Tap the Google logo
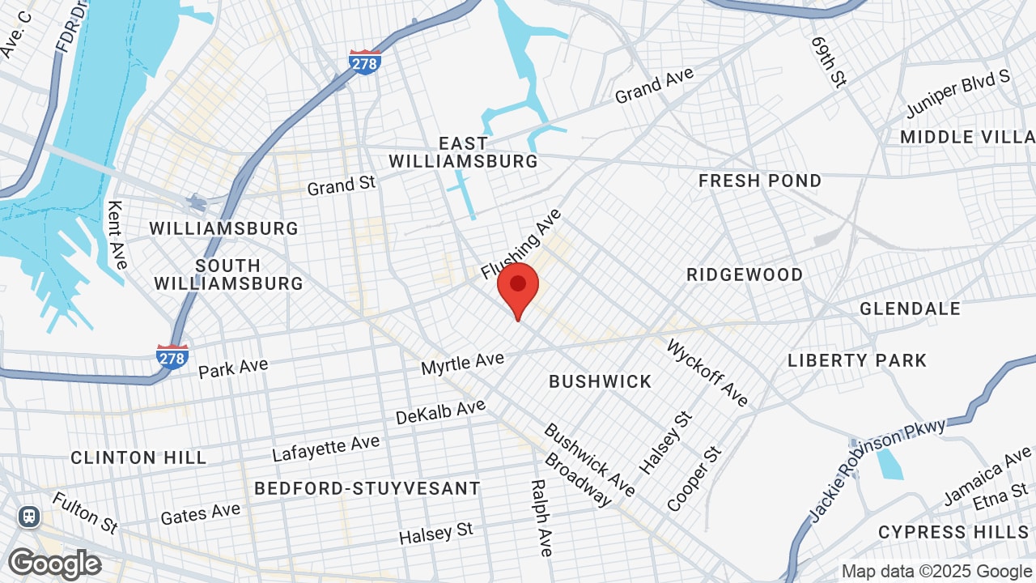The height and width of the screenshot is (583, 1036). [x=54, y=564]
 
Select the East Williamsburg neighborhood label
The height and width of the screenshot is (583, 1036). [x=463, y=152]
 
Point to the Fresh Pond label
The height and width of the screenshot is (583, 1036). [x=760, y=181]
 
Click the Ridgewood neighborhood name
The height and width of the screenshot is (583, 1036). [x=745, y=274]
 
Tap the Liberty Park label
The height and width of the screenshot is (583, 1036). [x=857, y=360]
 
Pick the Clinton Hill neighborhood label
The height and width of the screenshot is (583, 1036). [x=138, y=457]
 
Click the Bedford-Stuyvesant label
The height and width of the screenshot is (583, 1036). [x=367, y=488]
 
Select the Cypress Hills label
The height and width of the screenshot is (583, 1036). [x=953, y=532]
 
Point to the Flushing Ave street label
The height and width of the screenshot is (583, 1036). [x=520, y=244]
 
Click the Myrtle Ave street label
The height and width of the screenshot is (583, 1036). [x=462, y=363]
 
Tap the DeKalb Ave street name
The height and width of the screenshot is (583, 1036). [x=440, y=412]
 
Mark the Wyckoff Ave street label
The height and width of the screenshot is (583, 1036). [x=707, y=373]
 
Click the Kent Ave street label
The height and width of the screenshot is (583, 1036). [x=117, y=235]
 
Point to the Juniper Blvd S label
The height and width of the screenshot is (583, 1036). [x=957, y=93]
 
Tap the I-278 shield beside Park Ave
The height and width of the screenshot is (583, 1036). [x=172, y=356]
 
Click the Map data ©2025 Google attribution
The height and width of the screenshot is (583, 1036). [x=936, y=572]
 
